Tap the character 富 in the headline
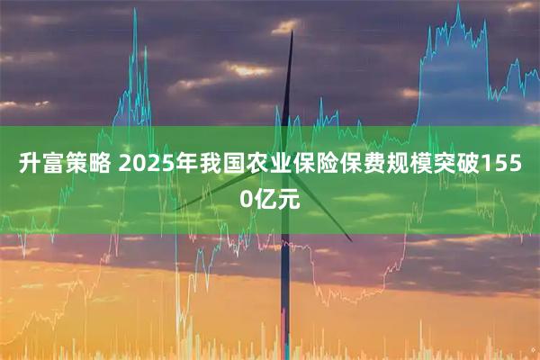tap(52, 165)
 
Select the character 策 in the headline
tap(76, 165)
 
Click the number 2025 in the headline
tap(143, 165)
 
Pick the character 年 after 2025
tap(180, 165)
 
